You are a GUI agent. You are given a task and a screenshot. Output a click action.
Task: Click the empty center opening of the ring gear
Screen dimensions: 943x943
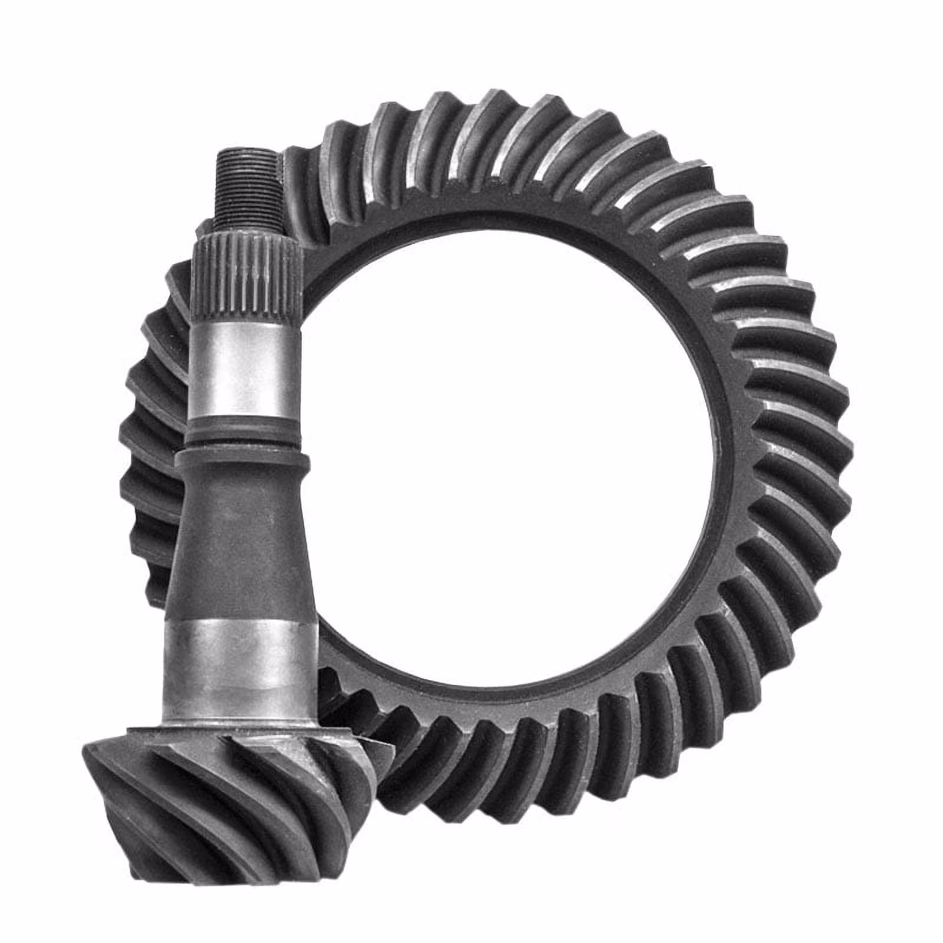(x=513, y=471)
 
